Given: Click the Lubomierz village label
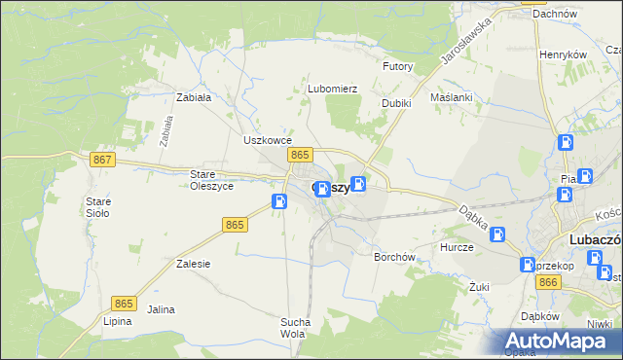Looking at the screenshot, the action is pyautogui.click(x=333, y=89).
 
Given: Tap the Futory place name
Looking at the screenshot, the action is pyautogui.click(x=398, y=67).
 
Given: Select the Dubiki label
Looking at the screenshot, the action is pyautogui.click(x=396, y=103).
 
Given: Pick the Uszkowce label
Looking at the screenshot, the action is pyautogui.click(x=262, y=140).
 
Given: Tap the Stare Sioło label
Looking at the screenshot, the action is pyautogui.click(x=98, y=207).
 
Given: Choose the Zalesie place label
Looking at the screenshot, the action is pyautogui.click(x=194, y=264).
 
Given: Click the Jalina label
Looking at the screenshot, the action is pyautogui.click(x=161, y=309).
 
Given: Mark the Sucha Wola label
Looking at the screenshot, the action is pyautogui.click(x=295, y=328).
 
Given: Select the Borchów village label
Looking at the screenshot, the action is pyautogui.click(x=395, y=258).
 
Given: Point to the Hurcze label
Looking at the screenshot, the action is pyautogui.click(x=456, y=248).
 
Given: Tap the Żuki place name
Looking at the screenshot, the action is pyautogui.click(x=478, y=287).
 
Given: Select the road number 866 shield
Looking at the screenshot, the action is pyautogui.click(x=548, y=282).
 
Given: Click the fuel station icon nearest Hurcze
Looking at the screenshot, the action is pyautogui.click(x=497, y=234).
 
